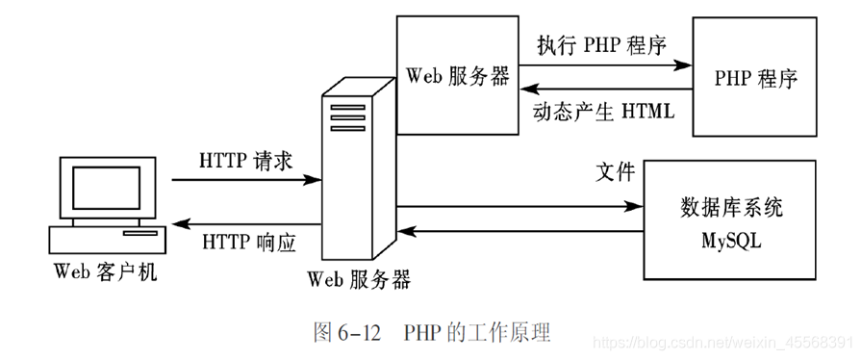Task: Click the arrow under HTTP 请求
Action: click(x=246, y=180)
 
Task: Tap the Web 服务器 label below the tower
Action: click(x=359, y=280)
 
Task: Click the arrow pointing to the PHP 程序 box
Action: click(x=606, y=65)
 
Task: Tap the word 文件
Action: click(x=616, y=172)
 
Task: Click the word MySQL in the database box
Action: click(x=732, y=241)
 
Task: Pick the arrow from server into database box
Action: click(x=519, y=206)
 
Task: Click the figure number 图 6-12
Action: click(x=348, y=333)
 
